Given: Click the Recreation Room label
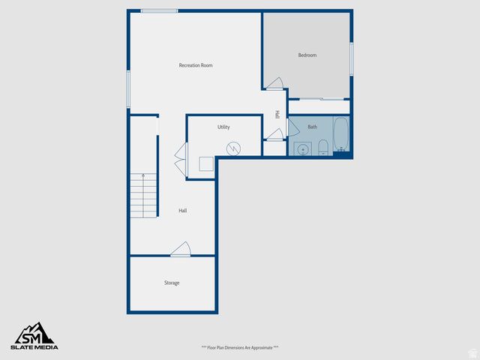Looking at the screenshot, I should tap(196, 65).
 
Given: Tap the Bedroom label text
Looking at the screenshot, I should tap(307, 55).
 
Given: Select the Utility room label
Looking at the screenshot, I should tap(223, 127).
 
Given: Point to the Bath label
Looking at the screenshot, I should tap(312, 127).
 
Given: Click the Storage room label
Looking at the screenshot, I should tap(172, 283).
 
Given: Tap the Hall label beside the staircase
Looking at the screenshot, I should tap(182, 211).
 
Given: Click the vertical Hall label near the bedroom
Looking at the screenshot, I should tap(277, 115).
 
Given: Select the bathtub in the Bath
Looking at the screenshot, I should tap(341, 136).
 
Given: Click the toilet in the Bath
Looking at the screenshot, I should tap(322, 146).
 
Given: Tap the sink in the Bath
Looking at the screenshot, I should tap(302, 148).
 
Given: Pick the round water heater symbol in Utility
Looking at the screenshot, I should tap(234, 148).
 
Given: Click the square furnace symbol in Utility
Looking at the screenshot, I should tap(205, 164).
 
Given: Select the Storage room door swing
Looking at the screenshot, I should tap(180, 249).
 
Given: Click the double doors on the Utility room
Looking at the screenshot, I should tap(181, 159).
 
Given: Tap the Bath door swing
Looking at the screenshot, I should tap(276, 135).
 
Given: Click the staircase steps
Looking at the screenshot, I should tap(143, 195).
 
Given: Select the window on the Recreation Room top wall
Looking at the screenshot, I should tap(159, 10).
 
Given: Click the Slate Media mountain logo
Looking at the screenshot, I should tap(34, 333).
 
